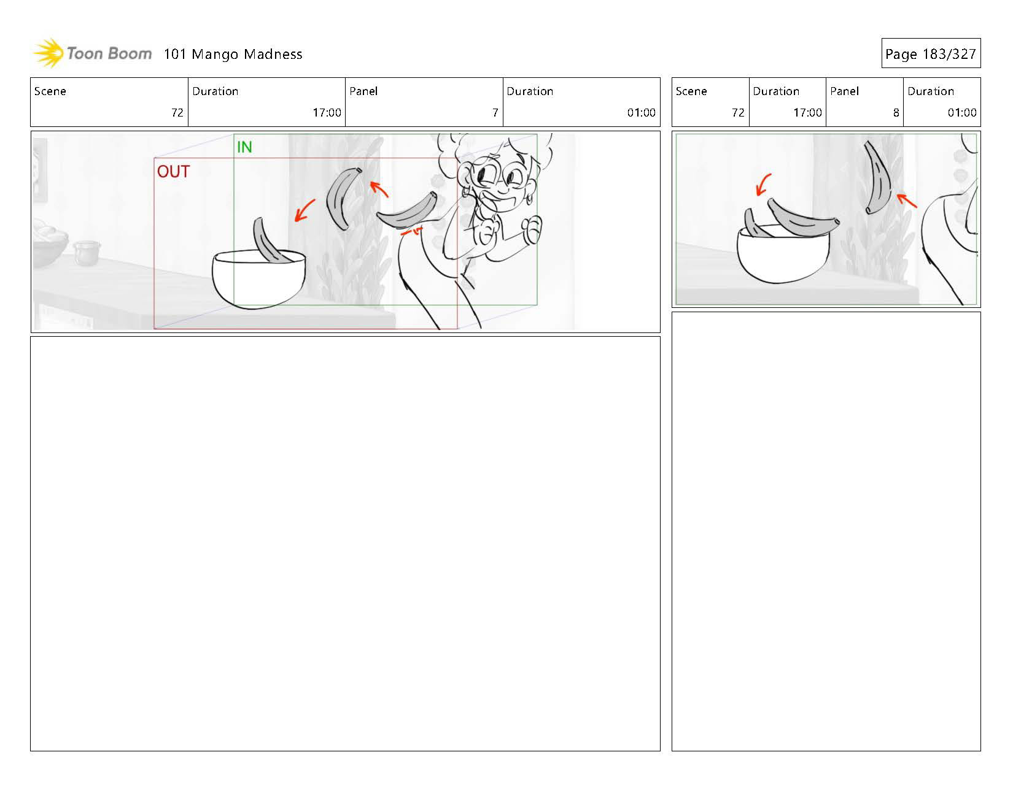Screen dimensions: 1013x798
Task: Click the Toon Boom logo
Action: tap(92, 53)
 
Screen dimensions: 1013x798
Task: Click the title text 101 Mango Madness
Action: tap(233, 54)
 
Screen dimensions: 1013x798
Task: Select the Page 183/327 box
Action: tap(931, 54)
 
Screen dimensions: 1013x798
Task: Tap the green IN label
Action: tap(244, 147)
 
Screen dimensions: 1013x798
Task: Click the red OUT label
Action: tap(173, 172)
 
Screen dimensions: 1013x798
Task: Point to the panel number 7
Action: tap(495, 113)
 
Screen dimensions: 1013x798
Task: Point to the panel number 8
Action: tap(896, 113)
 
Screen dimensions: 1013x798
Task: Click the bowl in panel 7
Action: tap(258, 279)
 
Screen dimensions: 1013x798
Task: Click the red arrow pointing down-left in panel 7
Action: tap(305, 210)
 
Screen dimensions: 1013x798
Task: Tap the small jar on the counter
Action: tap(86, 253)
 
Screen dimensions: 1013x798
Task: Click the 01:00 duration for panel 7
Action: tap(642, 113)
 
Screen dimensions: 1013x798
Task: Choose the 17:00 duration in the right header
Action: tap(807, 113)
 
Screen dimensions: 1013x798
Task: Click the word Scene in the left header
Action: tap(50, 91)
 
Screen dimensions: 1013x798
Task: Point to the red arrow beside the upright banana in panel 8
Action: tap(907, 201)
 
